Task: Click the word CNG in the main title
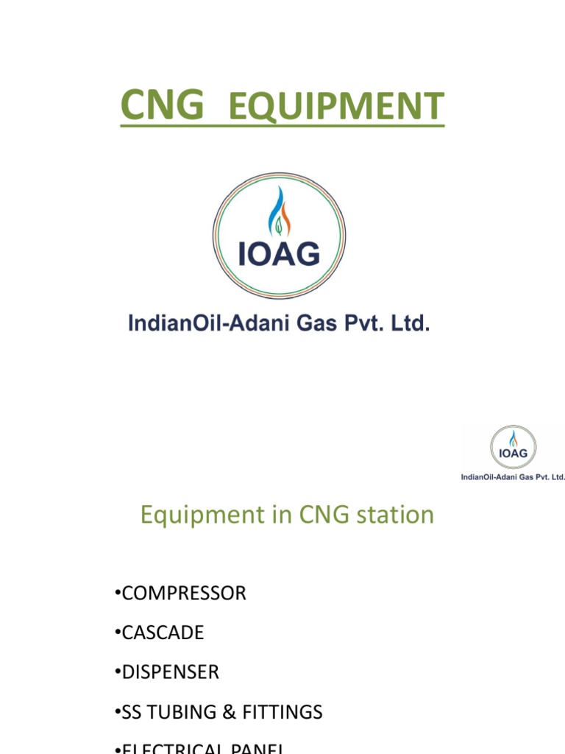(162, 105)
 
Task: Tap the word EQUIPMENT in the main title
(336, 108)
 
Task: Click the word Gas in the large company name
(314, 323)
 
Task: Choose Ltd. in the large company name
(409, 323)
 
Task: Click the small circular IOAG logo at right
(513, 447)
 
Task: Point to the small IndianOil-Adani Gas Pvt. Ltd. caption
(513, 477)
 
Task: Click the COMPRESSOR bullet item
(184, 593)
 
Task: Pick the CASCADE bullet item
(163, 633)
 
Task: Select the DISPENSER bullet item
(170, 672)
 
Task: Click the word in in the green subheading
(281, 515)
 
